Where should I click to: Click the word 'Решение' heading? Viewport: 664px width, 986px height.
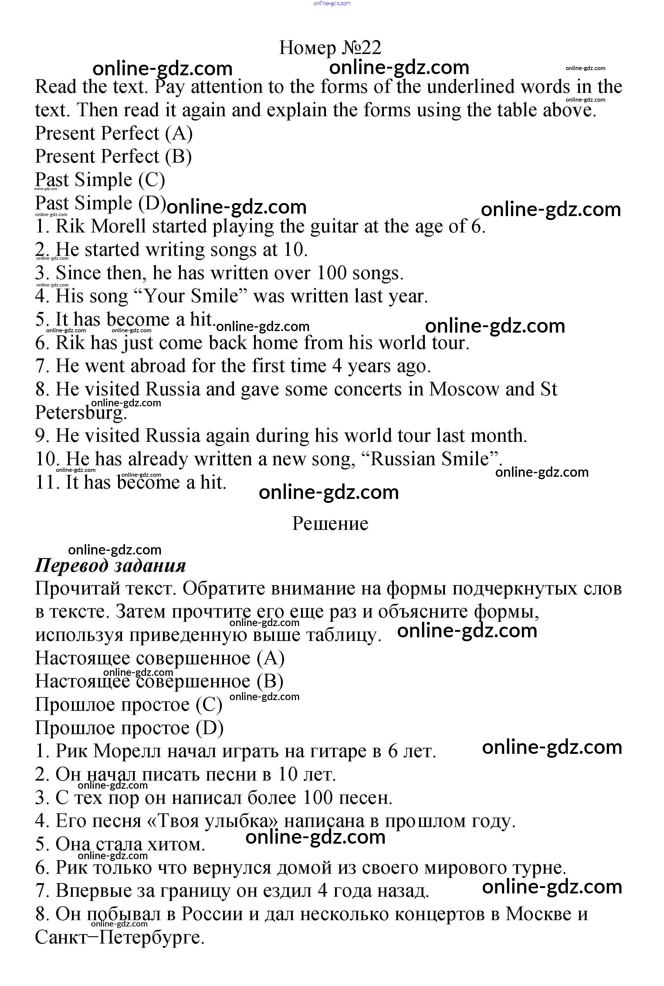coord(330,524)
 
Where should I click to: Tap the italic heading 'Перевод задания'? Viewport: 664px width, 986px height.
coord(110,566)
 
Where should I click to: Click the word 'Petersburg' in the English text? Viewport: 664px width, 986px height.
coord(80,413)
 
